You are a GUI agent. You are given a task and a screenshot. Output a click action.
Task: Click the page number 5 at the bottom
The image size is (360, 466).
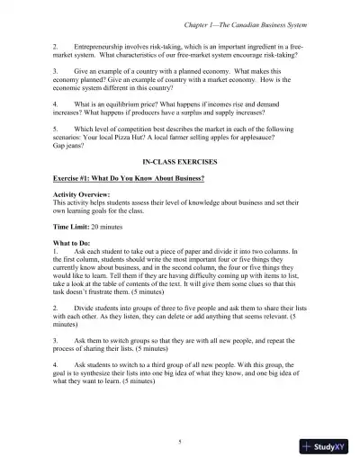click(x=180, y=441)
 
